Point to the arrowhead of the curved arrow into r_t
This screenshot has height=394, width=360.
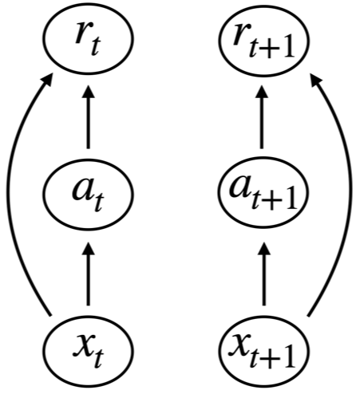pyautogui.click(x=48, y=77)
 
